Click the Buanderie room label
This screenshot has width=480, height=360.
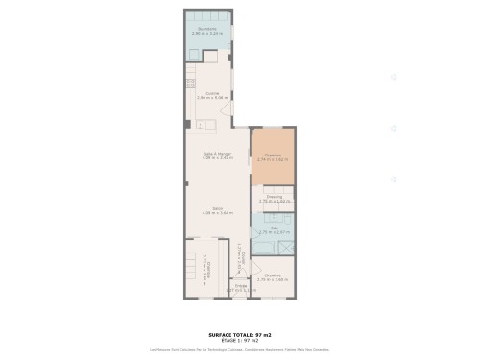coord(206,29)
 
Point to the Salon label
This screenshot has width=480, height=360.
coord(216,208)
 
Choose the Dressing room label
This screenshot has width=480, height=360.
coord(274,196)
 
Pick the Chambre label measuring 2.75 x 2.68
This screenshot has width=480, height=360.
coord(273,276)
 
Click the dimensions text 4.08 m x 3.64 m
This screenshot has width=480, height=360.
coord(216,213)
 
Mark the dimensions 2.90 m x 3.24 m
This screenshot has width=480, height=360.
coord(206,34)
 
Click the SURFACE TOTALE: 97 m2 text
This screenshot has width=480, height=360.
coord(240,335)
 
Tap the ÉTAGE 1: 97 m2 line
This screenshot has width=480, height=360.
coord(240,341)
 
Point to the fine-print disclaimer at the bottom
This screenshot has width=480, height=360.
coord(240,349)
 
